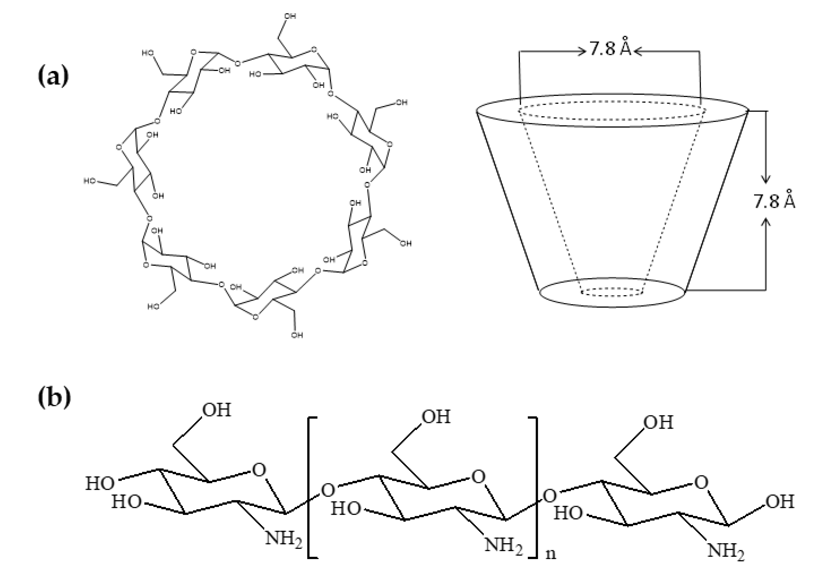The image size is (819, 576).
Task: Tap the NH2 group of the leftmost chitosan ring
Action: [283, 538]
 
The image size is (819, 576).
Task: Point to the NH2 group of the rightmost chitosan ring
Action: [726, 551]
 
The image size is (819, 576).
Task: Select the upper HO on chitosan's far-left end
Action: [100, 484]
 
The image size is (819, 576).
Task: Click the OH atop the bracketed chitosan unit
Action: [436, 417]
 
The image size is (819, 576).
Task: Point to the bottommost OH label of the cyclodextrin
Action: [297, 335]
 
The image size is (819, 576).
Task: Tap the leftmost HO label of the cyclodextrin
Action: [90, 181]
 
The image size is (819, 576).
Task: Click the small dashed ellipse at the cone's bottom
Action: [611, 292]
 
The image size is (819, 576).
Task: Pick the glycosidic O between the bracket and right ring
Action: [550, 496]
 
